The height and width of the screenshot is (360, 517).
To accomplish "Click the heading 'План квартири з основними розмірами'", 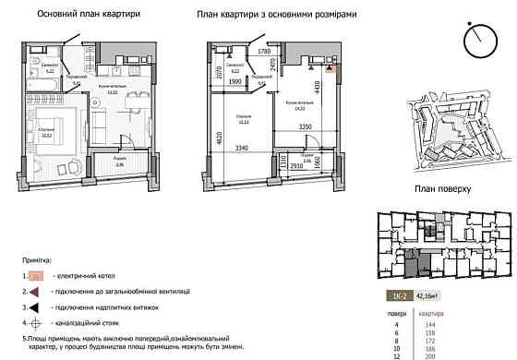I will point(277,16).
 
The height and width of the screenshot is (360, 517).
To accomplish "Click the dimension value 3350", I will point(308,126).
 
